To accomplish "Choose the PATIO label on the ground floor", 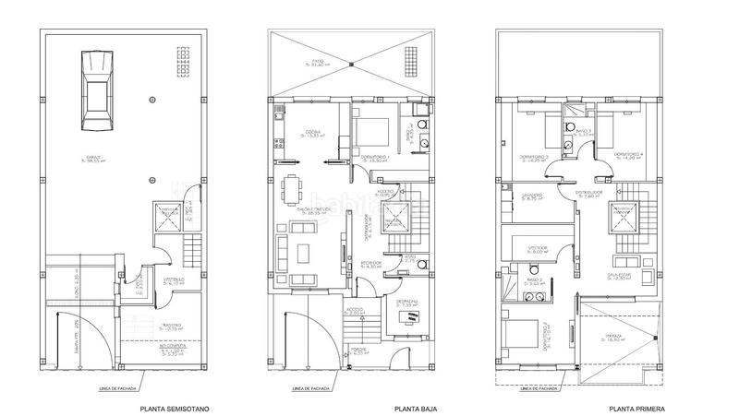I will (319, 64).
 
